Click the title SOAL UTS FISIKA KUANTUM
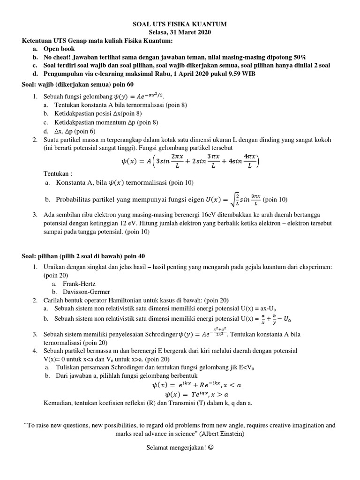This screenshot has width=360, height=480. (x=180, y=24)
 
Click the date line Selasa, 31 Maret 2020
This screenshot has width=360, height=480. (x=180, y=32)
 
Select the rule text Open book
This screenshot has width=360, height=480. (x=59, y=49)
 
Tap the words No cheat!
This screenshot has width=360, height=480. (x=59, y=57)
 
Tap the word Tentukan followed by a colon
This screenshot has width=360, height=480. (x=58, y=172)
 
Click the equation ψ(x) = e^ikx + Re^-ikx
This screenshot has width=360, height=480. (x=196, y=385)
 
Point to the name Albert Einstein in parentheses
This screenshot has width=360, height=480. (x=223, y=434)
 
